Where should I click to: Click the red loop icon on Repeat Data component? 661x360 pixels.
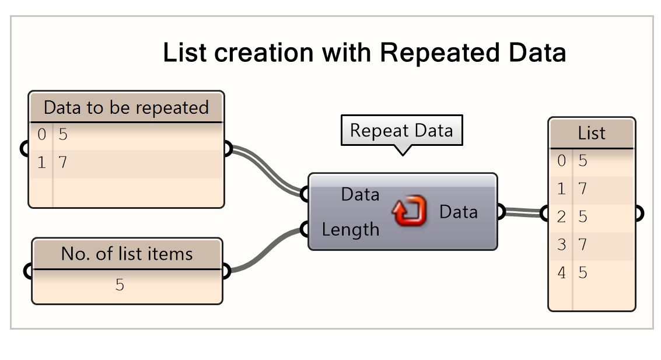408,212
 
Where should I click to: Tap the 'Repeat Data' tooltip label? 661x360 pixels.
401,130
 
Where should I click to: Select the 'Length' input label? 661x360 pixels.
350,230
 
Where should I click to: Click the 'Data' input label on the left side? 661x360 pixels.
360,194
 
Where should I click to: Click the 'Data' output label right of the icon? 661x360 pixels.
459,212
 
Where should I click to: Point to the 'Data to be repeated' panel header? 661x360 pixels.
126,107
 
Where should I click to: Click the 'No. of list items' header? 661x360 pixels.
127,254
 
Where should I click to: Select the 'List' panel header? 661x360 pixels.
592,134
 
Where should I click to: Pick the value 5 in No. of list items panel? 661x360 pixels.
120,285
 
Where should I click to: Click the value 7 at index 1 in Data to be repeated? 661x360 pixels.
62,163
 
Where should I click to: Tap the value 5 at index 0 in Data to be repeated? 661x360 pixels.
62,135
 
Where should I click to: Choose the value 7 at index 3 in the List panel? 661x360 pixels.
582,244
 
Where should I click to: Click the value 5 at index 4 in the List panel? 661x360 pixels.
582,272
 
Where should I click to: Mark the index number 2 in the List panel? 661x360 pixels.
561,216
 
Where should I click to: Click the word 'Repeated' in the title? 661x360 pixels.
439,53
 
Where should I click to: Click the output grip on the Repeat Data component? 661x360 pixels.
500,212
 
